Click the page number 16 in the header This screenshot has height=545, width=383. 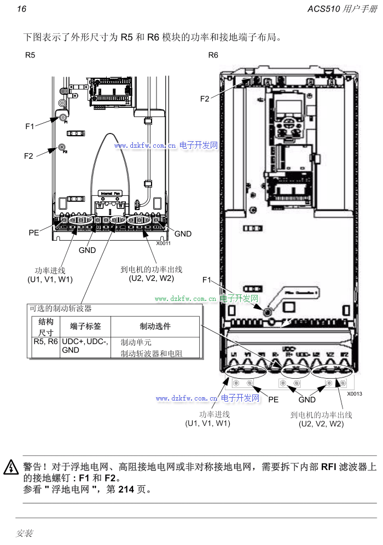coord(21,9)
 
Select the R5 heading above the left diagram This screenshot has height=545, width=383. coord(30,55)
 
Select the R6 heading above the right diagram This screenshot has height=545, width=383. coord(213,55)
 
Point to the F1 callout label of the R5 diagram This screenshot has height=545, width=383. coord(30,126)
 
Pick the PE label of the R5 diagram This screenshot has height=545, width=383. coord(34,233)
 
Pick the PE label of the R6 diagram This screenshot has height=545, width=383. coord(273,399)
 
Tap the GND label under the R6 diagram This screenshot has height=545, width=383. coord(307,400)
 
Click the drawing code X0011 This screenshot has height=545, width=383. coord(164,243)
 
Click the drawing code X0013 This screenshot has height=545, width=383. coord(354,394)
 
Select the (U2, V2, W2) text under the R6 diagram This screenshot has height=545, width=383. coord(321,424)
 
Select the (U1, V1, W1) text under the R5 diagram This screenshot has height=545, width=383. coord(50,280)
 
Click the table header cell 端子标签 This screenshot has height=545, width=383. coord(85,326)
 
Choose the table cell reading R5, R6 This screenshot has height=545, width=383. coord(45,341)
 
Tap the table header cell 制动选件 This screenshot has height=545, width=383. coord(155,326)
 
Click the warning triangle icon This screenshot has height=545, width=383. coord(11,468)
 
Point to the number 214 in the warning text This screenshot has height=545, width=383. coord(126,489)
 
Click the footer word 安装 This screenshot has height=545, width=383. coord(25,532)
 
